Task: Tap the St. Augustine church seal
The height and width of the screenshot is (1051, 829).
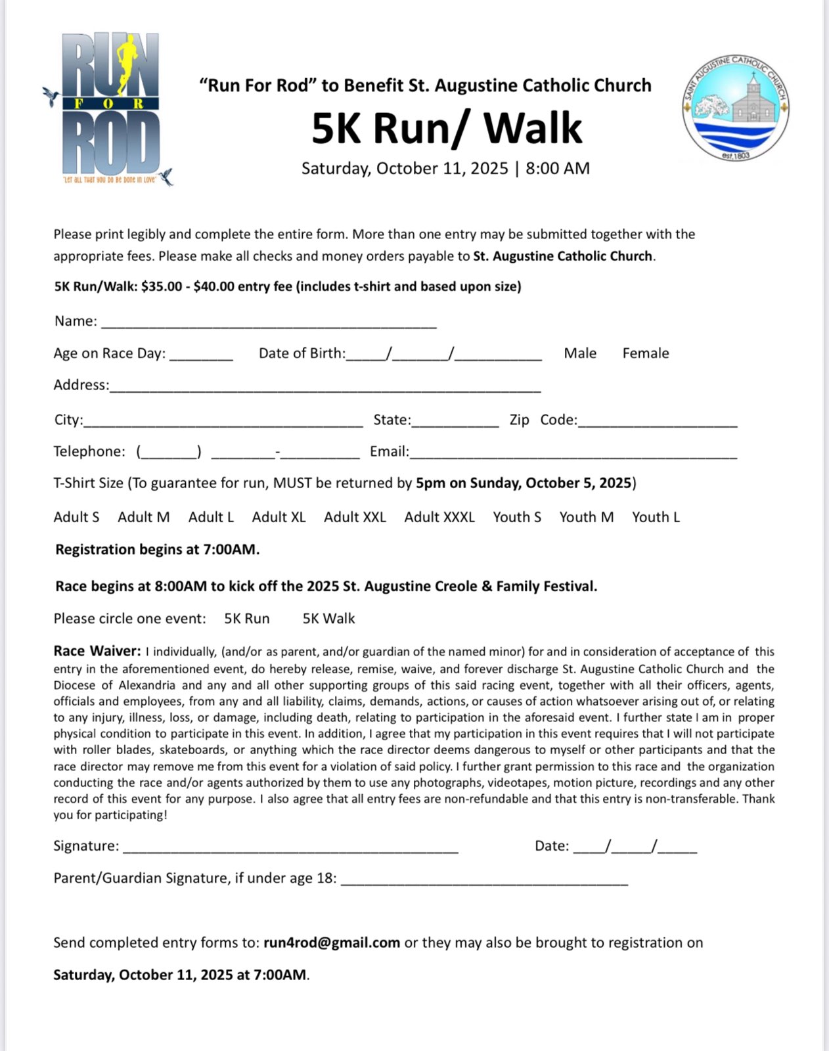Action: pyautogui.click(x=736, y=108)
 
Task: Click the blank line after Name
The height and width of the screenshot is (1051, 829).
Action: pyautogui.click(x=269, y=323)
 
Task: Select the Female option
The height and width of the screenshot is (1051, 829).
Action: pyautogui.click(x=646, y=353)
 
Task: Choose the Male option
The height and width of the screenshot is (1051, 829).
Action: pyautogui.click(x=580, y=353)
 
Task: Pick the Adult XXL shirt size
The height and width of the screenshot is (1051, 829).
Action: pyautogui.click(x=355, y=518)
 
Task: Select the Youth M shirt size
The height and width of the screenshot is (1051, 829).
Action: pyautogui.click(x=587, y=518)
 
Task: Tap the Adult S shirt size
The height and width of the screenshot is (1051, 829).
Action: pyautogui.click(x=76, y=518)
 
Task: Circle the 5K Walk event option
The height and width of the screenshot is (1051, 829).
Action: pyautogui.click(x=328, y=619)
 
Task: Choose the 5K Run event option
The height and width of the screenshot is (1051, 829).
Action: pyautogui.click(x=247, y=619)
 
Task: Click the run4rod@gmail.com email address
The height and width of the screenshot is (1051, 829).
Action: pyautogui.click(x=332, y=943)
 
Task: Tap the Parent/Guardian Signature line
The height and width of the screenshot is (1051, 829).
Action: pyautogui.click(x=484, y=881)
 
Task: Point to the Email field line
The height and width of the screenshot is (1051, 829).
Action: pyautogui.click(x=573, y=454)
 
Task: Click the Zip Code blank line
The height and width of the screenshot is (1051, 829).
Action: pyautogui.click(x=658, y=422)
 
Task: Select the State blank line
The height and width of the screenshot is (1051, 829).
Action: pyautogui.click(x=455, y=422)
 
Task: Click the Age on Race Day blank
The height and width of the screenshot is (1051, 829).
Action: pyautogui.click(x=201, y=356)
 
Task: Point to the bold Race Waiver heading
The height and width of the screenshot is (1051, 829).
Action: pyautogui.click(x=97, y=652)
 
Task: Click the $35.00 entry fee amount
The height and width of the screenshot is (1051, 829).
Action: pyautogui.click(x=162, y=287)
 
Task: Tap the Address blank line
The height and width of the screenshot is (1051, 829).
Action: pyautogui.click(x=325, y=388)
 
